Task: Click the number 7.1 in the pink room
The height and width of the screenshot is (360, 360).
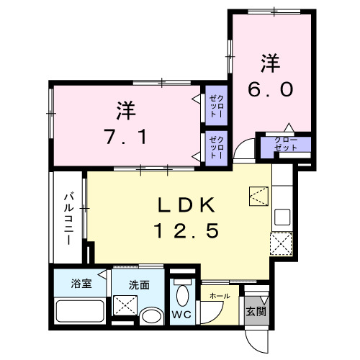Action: coord(126,136)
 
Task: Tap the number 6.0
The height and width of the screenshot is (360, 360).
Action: coord(271,90)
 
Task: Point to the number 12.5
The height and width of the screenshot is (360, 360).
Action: coord(184,231)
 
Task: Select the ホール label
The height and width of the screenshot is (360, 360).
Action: coord(219,296)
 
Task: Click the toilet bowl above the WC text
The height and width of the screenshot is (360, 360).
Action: coord(184,295)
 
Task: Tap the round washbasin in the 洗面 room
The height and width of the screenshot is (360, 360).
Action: coord(150,317)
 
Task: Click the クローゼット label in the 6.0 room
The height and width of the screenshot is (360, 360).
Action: coord(287,143)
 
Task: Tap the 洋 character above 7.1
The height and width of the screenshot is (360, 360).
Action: coord(126,112)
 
